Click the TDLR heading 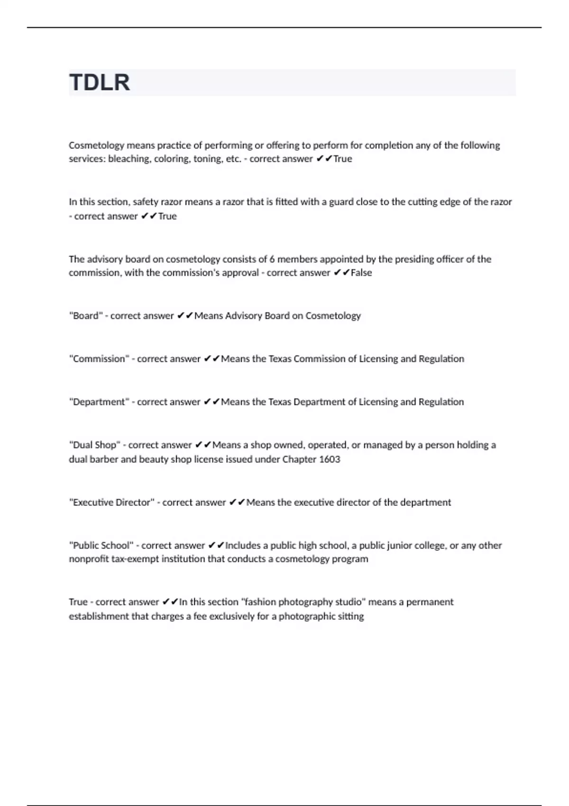pos(100,82)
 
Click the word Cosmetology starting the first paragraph pos(96,145)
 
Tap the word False pos(361,273)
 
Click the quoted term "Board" pos(86,316)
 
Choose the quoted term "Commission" pos(99,359)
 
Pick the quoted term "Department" pos(99,402)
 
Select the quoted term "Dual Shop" pos(94,445)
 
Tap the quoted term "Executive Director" pos(111,503)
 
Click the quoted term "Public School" pos(101,546)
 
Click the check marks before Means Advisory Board pos(184,316)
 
